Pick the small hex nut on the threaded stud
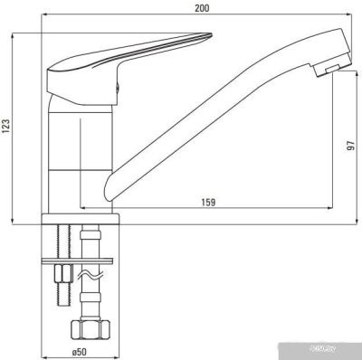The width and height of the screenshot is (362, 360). (63, 274)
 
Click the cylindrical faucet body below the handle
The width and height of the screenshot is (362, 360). (75, 145)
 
